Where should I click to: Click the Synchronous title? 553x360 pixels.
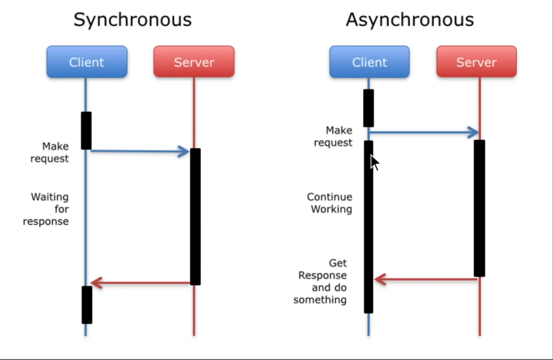tap(132, 20)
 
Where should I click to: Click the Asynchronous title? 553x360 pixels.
tap(410, 20)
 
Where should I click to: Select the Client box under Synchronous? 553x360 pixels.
tap(87, 62)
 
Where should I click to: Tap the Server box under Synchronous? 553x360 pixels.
tap(194, 62)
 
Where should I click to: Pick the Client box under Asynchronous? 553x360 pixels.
tap(369, 62)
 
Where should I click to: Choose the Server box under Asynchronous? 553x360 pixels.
tap(477, 62)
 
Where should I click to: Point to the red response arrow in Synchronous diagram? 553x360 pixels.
tap(140, 283)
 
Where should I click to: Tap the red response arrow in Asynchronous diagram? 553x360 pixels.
tap(425, 280)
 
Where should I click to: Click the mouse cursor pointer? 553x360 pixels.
tap(374, 162)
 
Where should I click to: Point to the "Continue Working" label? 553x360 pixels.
tap(330, 203)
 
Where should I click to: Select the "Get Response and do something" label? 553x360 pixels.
tap(321, 281)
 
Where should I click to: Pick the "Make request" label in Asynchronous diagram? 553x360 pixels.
tap(334, 136)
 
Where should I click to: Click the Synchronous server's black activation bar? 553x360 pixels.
tap(195, 216)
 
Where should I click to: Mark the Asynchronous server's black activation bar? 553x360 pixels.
tap(479, 208)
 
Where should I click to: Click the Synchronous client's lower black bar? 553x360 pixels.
tap(87, 304)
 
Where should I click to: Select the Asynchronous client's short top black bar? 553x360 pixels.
tap(369, 108)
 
